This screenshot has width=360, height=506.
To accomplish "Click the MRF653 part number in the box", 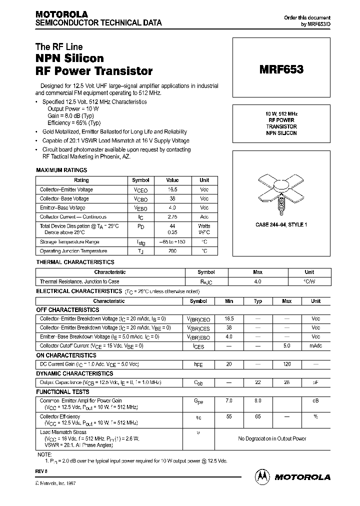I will (281, 70).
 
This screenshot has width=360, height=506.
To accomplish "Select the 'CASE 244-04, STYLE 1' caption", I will (281, 225).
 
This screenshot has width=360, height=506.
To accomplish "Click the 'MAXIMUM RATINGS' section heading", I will (61, 170).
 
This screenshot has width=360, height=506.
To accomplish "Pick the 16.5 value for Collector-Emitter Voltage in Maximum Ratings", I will (172, 189).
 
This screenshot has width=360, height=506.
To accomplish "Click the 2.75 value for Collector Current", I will (172, 217).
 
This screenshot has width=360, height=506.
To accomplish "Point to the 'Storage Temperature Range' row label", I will (73, 242).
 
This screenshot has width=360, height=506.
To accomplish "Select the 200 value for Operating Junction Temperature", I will (172, 251).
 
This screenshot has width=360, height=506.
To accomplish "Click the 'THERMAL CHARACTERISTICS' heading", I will (75, 262).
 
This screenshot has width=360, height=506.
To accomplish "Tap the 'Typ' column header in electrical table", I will (258, 301).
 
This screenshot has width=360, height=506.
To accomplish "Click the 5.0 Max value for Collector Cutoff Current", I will (286, 345).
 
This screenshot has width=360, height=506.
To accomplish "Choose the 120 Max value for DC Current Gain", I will (286, 364).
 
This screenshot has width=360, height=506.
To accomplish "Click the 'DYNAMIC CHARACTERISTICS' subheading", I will (74, 373).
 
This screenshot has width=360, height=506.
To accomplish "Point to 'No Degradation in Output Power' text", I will (272, 438).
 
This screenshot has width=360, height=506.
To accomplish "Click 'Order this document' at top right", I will (307, 17).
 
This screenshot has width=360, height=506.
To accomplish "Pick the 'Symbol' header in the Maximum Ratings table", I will (140, 180).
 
